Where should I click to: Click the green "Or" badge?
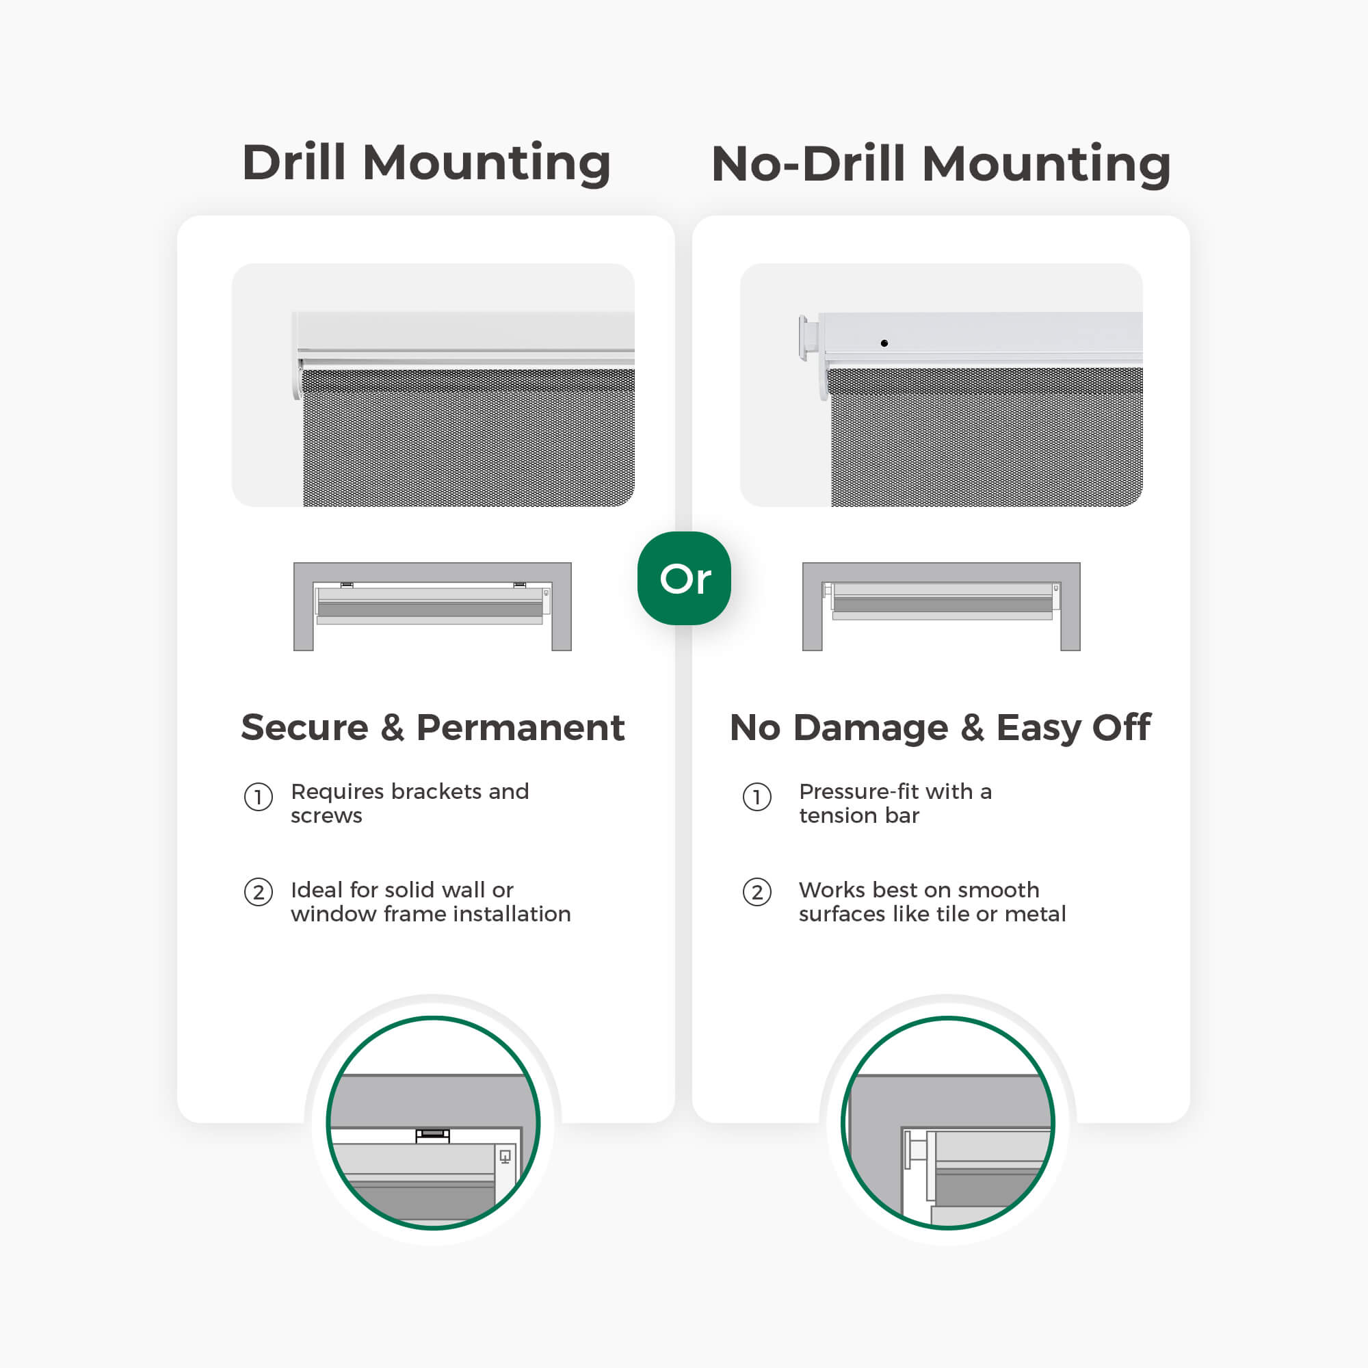coord(684,578)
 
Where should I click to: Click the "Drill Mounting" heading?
coord(426,163)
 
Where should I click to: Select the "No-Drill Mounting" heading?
coord(941,163)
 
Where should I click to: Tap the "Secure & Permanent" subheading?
coord(433,727)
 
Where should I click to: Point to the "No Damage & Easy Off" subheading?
coord(941,728)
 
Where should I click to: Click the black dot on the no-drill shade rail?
coord(884,343)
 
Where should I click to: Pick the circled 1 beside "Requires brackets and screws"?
coord(259,798)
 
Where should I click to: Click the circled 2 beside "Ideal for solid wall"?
coord(259,892)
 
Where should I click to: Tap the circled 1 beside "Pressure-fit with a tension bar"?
coord(757,798)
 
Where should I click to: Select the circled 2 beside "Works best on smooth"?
coord(757,892)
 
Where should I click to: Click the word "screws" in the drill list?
coord(326,816)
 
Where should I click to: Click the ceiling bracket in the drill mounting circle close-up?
coord(433,1135)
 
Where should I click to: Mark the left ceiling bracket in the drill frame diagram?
coord(347,585)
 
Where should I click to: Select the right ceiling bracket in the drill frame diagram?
coord(520,585)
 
